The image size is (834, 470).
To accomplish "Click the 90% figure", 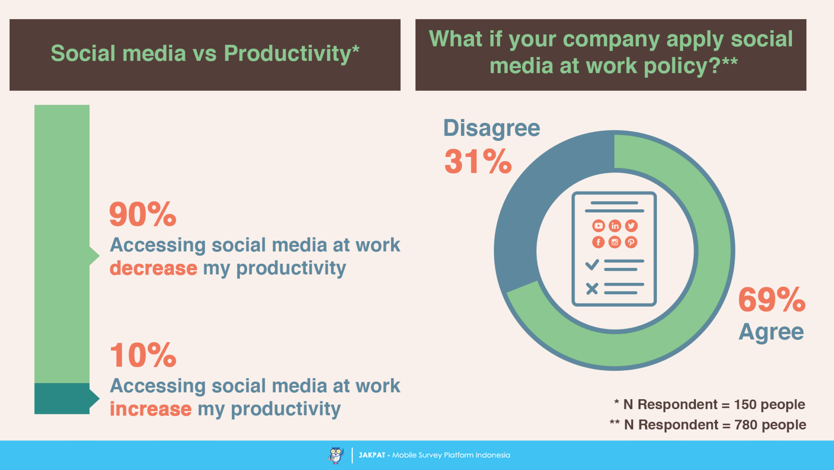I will tap(142, 214).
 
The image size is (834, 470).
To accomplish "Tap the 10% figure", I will tap(142, 355).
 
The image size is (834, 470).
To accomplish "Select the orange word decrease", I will tap(153, 268).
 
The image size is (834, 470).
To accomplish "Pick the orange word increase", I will tap(150, 409).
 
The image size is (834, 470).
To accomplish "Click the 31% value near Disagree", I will tap(478, 162).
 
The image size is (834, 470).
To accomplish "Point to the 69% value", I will tap(772, 300).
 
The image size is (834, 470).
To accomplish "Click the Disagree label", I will tap(491, 128).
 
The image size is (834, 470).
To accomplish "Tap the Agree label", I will tap(771, 332).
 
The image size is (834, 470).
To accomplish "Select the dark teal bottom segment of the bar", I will tap(62, 398).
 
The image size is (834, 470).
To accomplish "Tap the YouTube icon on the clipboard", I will tap(598, 226).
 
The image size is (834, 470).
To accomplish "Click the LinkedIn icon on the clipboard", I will tap(615, 226).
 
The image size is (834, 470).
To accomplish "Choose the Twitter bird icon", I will tap(631, 226).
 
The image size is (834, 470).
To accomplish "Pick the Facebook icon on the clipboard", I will tap(598, 242).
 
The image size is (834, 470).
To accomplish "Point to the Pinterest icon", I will tap(631, 242).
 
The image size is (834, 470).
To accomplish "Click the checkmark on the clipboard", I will tap(592, 264).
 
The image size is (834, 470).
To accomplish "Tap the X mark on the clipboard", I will tap(592, 288).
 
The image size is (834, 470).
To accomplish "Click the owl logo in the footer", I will tap(335, 455).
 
